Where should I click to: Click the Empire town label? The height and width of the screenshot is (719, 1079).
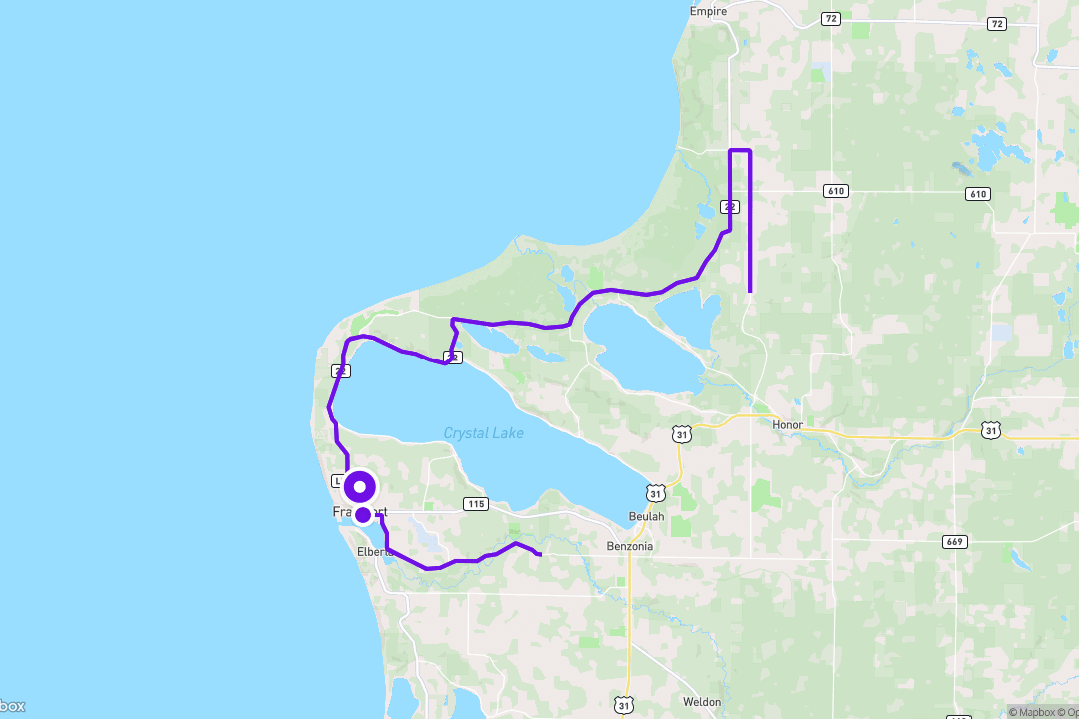pos(708,11)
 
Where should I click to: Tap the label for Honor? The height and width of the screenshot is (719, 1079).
pos(787,424)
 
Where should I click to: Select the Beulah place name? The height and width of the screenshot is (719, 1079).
pos(646,515)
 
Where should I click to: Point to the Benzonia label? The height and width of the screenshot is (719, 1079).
pos(630,546)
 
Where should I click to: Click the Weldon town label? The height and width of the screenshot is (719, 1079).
pos(703,702)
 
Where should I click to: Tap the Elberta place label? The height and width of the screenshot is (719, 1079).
pos(374,551)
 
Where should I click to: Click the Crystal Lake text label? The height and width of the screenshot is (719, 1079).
pos(483,433)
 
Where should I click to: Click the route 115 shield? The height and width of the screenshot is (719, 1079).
pos(476,504)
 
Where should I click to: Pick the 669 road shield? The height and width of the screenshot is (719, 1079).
pos(953,542)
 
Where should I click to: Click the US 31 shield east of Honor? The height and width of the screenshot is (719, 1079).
pos(989,430)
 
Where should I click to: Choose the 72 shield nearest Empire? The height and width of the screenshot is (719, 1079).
pos(830,19)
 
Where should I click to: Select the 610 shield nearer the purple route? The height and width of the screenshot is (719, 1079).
pos(836,190)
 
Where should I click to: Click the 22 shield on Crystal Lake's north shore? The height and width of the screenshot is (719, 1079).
pos(453,357)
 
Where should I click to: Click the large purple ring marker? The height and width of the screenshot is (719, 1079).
pos(360,488)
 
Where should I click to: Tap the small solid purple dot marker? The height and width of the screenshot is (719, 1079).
pos(363,514)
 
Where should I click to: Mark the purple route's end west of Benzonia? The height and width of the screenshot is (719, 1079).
pos(540,554)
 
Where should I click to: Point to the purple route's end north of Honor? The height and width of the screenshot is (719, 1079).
pos(750,291)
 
